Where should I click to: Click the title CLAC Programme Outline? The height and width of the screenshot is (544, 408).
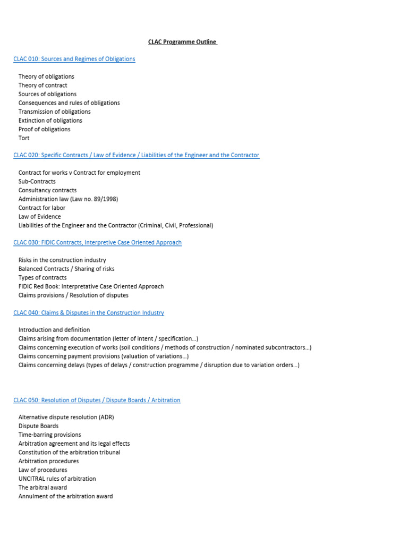[182, 42]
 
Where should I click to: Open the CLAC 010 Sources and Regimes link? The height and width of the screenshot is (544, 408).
[74, 59]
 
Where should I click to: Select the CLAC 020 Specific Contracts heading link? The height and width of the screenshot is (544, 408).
[137, 155]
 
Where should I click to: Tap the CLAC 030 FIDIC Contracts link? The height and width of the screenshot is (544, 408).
[97, 243]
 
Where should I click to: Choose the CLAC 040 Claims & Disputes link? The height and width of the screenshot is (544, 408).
[89, 313]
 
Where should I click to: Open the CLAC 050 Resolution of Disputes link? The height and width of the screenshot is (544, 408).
[97, 400]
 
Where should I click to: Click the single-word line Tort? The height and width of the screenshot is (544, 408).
[24, 138]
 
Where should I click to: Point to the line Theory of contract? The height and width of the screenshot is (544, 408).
[42, 86]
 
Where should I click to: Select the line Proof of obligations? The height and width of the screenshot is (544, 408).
[44, 130]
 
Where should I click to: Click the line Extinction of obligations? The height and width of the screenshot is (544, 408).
[50, 121]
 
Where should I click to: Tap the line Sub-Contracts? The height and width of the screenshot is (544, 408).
[37, 182]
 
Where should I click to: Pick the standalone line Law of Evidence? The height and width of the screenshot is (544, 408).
[39, 217]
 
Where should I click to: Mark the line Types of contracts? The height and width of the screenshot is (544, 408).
[42, 278]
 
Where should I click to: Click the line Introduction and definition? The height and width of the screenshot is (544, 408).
[54, 330]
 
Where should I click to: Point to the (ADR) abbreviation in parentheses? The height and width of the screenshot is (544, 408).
[106, 418]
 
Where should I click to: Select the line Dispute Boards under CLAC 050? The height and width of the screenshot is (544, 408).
[38, 426]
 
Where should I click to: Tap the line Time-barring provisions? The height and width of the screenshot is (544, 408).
[49, 435]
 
